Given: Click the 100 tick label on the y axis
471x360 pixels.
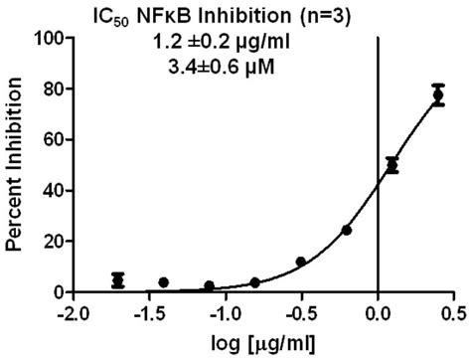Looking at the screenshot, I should point(50,38).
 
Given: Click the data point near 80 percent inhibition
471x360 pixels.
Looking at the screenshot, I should point(438,94).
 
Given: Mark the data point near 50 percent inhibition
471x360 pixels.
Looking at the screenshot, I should point(392,165).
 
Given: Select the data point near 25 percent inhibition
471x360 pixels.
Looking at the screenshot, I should point(347,230).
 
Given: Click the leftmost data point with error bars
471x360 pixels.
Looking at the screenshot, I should point(118,280).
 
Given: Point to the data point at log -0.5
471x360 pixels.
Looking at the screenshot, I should point(301,262).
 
